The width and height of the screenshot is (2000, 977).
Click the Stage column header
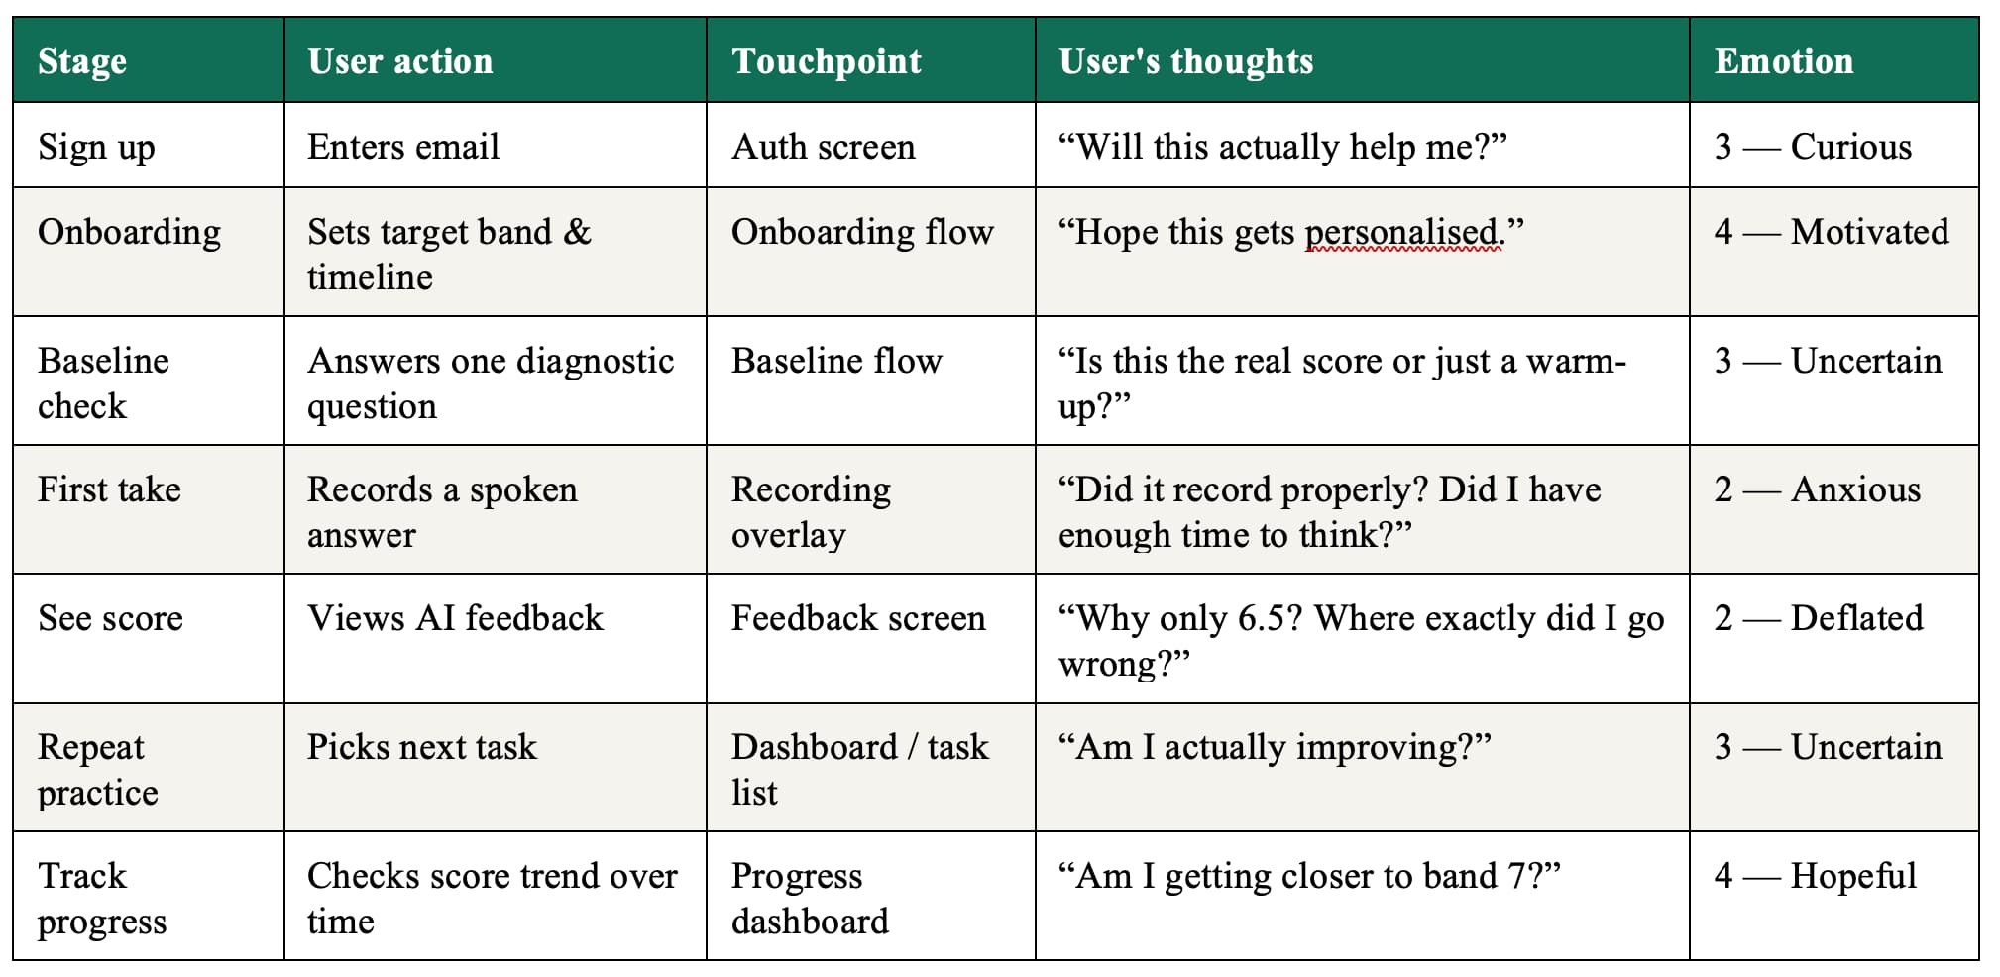coord(82,61)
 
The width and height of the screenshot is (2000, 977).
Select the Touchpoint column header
coord(827,61)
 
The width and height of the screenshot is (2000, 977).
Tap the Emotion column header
coord(1784,61)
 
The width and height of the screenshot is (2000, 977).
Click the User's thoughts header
coord(1186,61)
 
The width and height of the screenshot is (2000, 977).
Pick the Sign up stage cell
coord(96,148)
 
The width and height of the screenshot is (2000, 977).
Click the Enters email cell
coord(403,147)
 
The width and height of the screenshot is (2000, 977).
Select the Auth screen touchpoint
coord(824,147)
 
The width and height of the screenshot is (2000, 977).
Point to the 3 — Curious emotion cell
coord(1813,147)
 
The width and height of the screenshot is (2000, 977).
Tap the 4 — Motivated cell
coord(1832,232)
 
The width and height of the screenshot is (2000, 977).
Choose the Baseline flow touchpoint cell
coord(836,361)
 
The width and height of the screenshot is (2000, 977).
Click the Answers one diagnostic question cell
coord(491,383)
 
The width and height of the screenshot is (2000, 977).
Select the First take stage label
coord(109,489)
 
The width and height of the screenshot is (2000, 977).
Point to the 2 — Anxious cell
coord(1818,489)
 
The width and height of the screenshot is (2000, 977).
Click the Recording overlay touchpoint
coord(811,512)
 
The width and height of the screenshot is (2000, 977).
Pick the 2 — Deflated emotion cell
coord(1819,618)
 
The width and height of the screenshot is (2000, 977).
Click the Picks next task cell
coord(422,747)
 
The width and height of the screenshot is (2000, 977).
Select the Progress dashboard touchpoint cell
coord(810,899)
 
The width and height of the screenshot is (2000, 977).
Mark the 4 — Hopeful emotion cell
coord(1816,877)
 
